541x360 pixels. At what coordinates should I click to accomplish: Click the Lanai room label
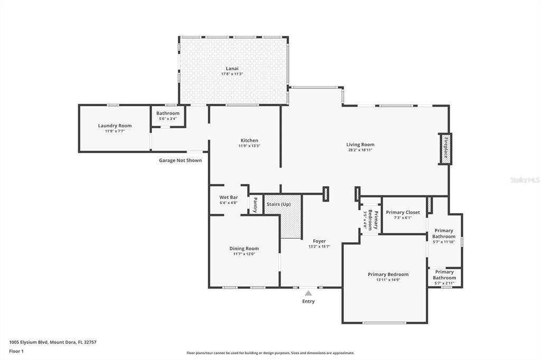[x=232, y=68]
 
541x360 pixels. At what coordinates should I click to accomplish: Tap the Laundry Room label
[x=115, y=126]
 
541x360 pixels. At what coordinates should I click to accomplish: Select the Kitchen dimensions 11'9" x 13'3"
[x=249, y=146]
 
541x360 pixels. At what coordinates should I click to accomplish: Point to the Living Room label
[x=360, y=145]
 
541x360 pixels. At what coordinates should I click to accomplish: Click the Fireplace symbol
[x=445, y=148]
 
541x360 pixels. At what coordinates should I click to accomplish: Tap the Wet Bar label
[x=229, y=197]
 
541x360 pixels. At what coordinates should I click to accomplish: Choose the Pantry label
[x=255, y=204]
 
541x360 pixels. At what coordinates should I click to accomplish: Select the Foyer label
[x=319, y=241]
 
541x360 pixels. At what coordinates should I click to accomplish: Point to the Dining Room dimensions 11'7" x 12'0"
[x=244, y=254]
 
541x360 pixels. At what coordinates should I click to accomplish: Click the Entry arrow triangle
[x=308, y=292]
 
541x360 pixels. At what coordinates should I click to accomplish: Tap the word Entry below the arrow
[x=308, y=301]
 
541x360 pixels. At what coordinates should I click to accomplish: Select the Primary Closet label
[x=403, y=212]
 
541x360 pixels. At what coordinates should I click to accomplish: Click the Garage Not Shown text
[x=180, y=160]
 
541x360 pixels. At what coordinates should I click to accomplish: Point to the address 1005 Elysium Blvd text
[x=53, y=342]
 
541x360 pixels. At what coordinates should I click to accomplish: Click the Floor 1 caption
[x=16, y=351]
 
